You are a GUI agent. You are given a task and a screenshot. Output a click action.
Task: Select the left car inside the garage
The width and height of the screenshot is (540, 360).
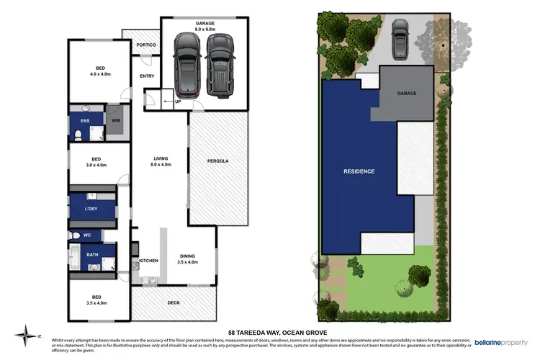tap(188, 66)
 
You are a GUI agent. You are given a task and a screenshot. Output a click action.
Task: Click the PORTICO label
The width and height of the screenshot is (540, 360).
tap(146, 45)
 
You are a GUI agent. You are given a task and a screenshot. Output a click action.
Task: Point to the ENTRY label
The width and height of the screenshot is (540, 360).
tap(147, 76)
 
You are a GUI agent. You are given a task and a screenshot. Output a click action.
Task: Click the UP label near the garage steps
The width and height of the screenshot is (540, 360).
tap(177, 102)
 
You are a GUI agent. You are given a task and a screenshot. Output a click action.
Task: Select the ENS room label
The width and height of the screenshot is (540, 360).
tap(85, 121)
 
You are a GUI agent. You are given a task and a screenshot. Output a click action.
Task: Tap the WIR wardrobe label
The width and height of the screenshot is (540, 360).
tap(115, 121)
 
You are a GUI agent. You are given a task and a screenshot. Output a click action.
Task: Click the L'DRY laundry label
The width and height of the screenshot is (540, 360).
tap(91, 209)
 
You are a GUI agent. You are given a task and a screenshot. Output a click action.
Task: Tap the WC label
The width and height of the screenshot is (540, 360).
tap(87, 235)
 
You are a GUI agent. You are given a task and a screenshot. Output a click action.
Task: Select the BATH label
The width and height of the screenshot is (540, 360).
tap(92, 254)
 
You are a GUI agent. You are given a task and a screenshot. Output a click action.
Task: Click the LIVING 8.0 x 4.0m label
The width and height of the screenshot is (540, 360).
tap(160, 162)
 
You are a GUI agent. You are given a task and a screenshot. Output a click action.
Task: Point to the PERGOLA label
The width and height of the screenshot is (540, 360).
tap(217, 161)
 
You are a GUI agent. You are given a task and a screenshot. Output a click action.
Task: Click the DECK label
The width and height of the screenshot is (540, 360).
tap(173, 302)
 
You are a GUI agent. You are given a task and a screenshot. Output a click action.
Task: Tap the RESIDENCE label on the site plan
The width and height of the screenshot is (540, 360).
tap(359, 171)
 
